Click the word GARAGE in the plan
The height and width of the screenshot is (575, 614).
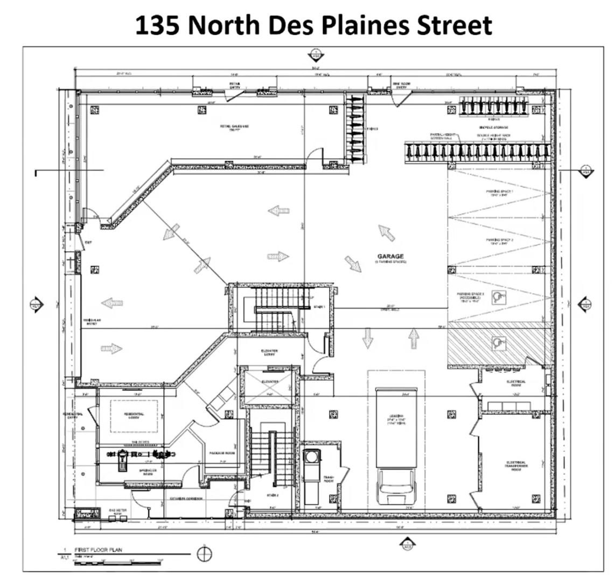[x=390, y=256]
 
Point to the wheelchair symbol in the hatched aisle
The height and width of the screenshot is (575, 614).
[x=499, y=343]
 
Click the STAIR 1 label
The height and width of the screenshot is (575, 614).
[x=320, y=307]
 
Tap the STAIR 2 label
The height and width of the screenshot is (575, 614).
[x=273, y=495]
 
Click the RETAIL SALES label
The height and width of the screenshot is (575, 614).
[x=234, y=127]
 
